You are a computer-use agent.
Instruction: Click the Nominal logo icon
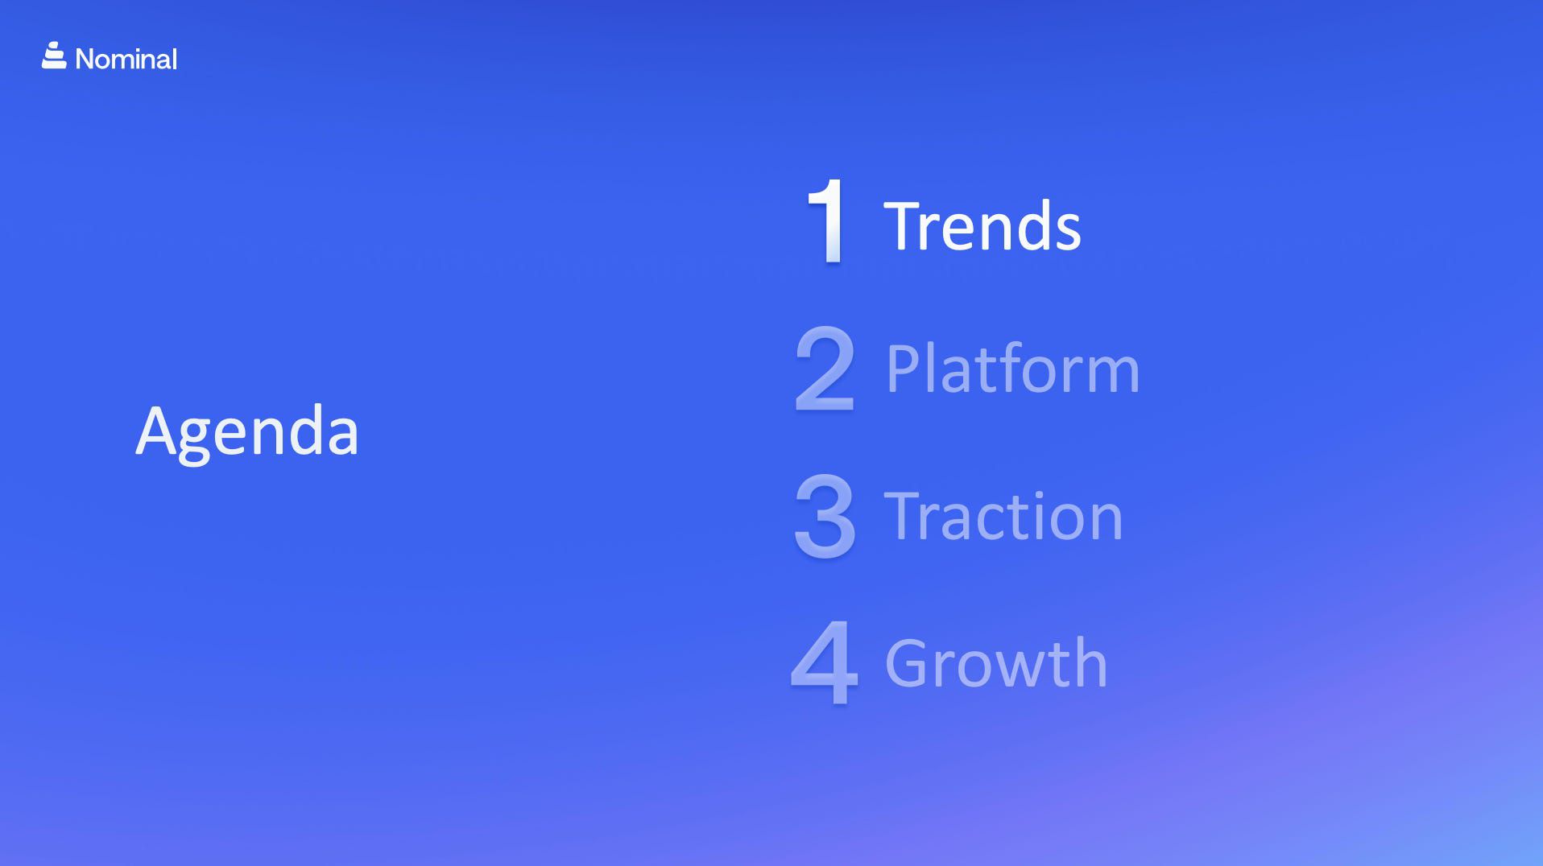pos(54,56)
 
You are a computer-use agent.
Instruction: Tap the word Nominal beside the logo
pos(126,59)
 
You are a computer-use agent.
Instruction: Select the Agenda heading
pos(247,432)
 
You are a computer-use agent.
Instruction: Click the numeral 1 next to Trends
pos(827,221)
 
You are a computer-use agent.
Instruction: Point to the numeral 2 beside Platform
pos(824,369)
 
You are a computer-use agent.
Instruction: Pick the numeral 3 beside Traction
pos(825,515)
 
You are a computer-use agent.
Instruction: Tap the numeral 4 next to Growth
pos(825,662)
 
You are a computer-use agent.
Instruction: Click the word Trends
pos(982,226)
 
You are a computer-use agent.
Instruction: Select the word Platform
pos(1013,368)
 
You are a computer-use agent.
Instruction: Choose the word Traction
pos(1003,515)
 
